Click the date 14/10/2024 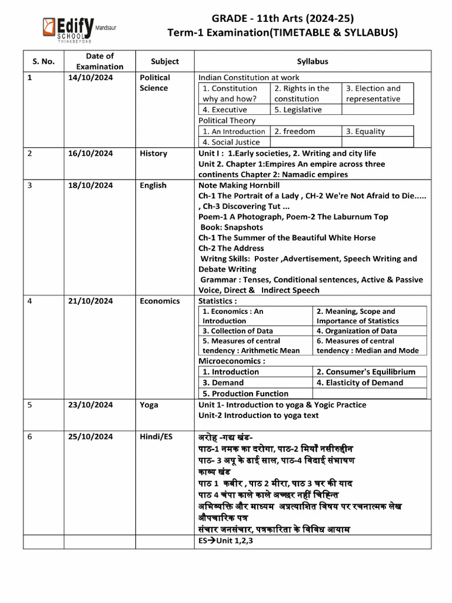(91, 78)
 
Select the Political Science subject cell (154, 83)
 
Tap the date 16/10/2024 (91, 154)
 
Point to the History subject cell (153, 154)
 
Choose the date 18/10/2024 (91, 185)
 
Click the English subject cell (153, 185)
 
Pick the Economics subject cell (159, 301)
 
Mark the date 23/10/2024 (91, 405)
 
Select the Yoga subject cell (149, 405)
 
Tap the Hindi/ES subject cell (157, 438)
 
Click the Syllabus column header (313, 62)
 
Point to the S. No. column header (43, 62)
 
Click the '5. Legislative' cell (298, 110)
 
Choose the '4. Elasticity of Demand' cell (360, 383)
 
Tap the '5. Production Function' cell (245, 393)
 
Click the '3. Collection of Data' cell (238, 331)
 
